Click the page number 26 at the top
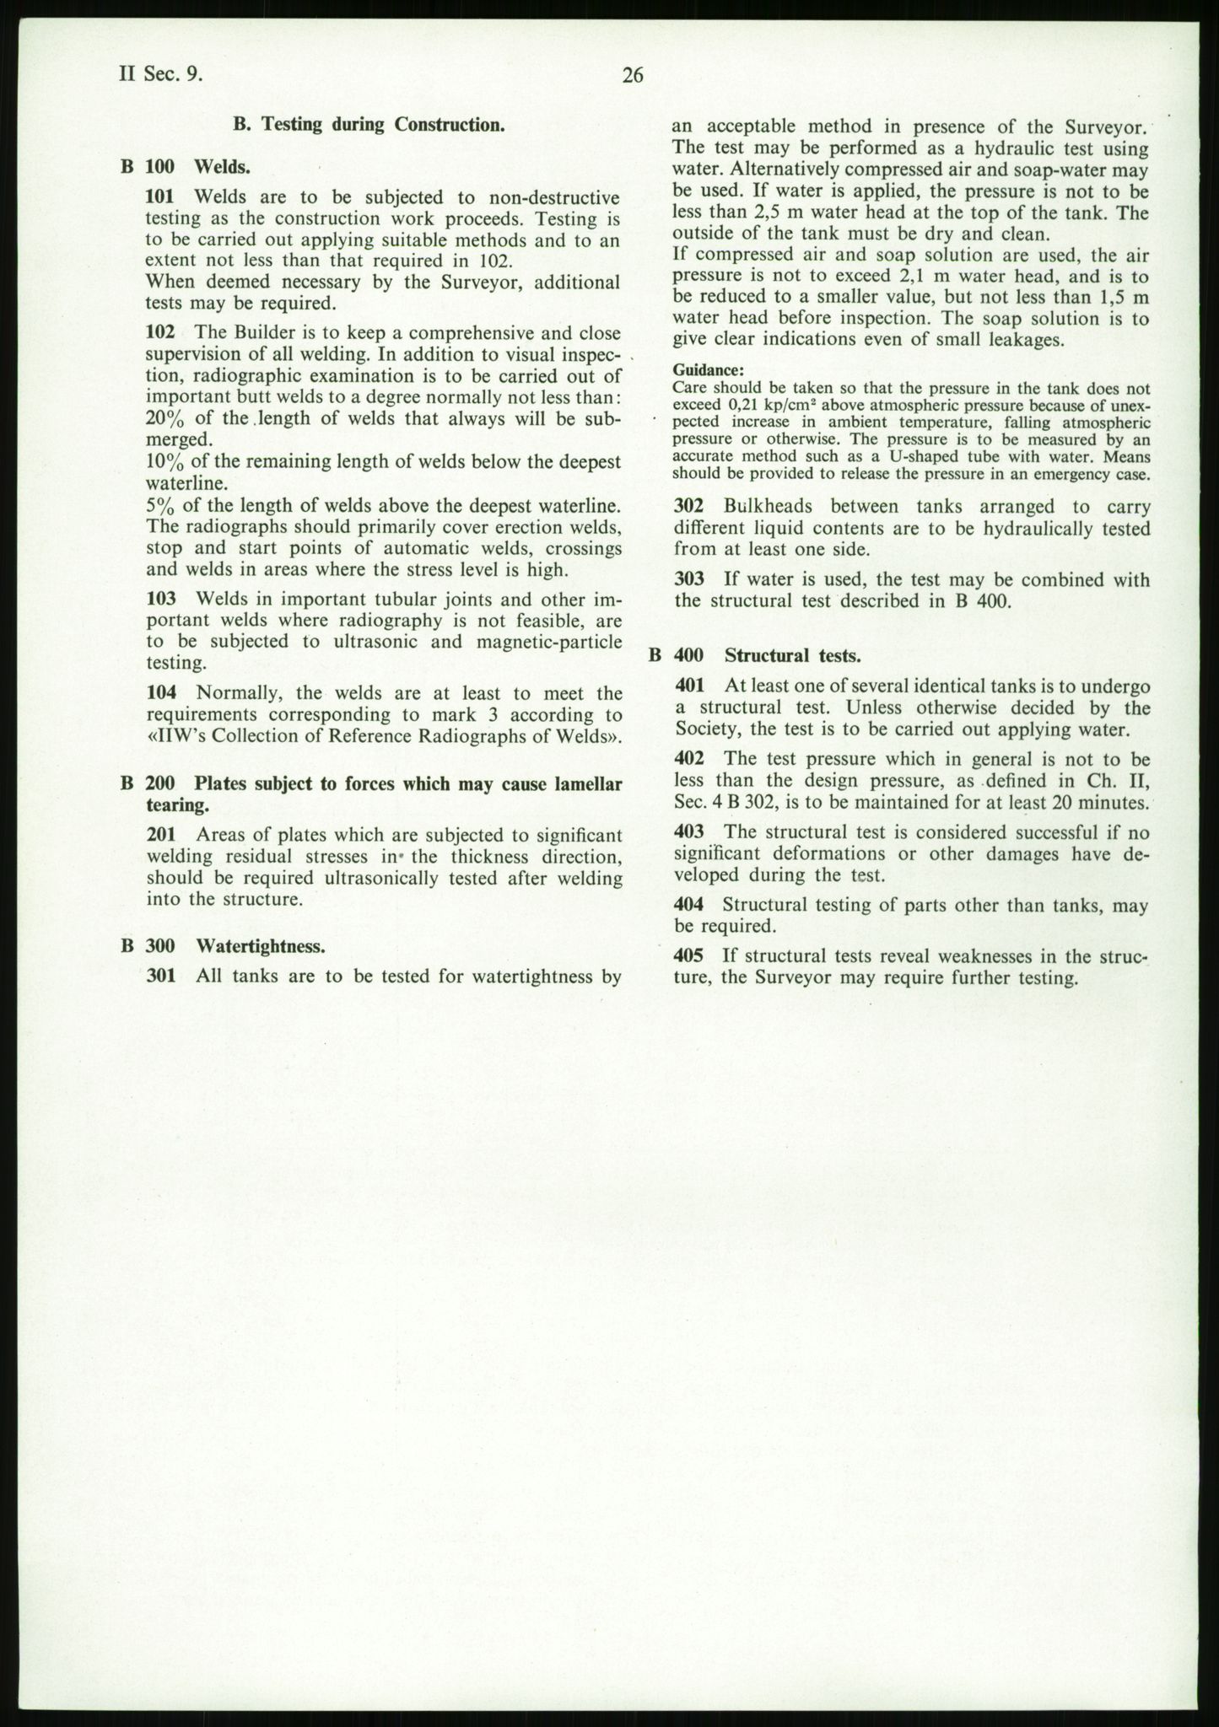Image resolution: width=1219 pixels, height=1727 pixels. pyautogui.click(x=632, y=76)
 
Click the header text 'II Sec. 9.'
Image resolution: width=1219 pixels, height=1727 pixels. pyautogui.click(x=160, y=74)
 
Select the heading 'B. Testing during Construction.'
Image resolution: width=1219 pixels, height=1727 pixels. pyautogui.click(x=369, y=125)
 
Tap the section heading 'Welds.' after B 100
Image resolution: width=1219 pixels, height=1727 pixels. pyautogui.click(x=223, y=166)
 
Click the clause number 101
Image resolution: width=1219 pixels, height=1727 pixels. pyautogui.click(x=160, y=197)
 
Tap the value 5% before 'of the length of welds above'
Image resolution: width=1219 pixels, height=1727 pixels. pyautogui.click(x=159, y=506)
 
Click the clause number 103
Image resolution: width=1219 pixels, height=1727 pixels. pyautogui.click(x=160, y=600)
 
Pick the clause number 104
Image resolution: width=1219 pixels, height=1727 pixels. pyautogui.click(x=160, y=693)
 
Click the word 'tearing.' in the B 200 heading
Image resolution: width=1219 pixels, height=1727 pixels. pyautogui.click(x=176, y=805)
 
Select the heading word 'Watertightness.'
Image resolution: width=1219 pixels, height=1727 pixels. pyautogui.click(x=261, y=946)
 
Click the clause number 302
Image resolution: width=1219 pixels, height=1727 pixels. pyautogui.click(x=689, y=507)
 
